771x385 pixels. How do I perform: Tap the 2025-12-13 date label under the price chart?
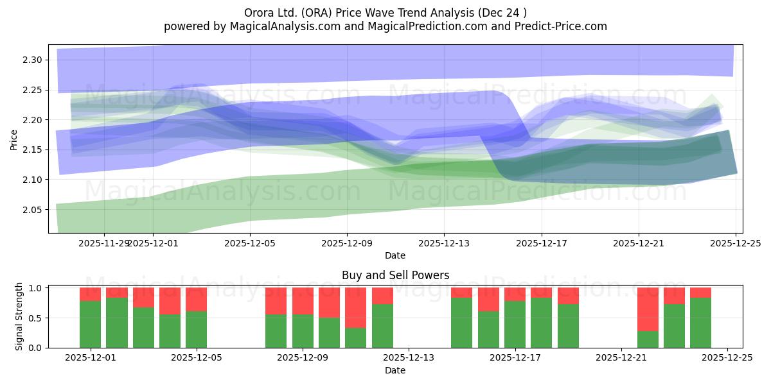pyautogui.click(x=444, y=244)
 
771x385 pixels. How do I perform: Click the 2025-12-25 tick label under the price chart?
pyautogui.click(x=735, y=244)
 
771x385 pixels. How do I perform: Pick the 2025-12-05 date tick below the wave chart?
pyautogui.click(x=250, y=244)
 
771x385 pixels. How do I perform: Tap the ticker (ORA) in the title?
pyautogui.click(x=310, y=13)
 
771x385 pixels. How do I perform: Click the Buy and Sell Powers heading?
pyautogui.click(x=395, y=275)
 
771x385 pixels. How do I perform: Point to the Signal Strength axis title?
pyautogui.click(x=19, y=317)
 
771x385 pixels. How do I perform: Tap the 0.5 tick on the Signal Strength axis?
pyautogui.click(x=35, y=318)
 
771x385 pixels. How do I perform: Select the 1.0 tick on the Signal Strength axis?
pyautogui.click(x=35, y=287)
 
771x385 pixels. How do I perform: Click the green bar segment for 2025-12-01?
pyautogui.click(x=90, y=324)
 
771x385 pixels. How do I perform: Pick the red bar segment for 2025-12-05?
pyautogui.click(x=196, y=299)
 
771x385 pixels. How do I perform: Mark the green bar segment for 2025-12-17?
pyautogui.click(x=515, y=324)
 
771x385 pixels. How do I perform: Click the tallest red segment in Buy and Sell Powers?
pyautogui.click(x=648, y=309)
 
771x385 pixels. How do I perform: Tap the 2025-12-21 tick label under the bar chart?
pyautogui.click(x=621, y=357)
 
